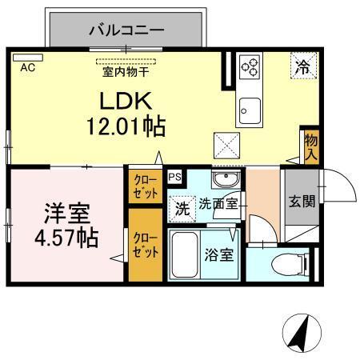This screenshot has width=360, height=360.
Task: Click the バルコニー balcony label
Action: (126, 31)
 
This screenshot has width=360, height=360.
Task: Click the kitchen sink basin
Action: (250, 107)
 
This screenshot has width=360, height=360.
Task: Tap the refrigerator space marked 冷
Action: (303, 67)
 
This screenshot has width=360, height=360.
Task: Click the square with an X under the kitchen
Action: (225, 146)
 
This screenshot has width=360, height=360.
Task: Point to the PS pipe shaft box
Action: (174, 177)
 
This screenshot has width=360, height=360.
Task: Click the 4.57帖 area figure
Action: (66, 237)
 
